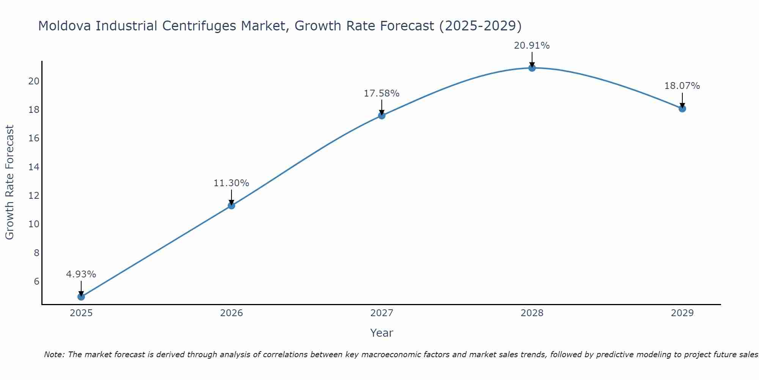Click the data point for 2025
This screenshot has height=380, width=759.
(x=81, y=296)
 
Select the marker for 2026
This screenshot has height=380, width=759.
(x=231, y=206)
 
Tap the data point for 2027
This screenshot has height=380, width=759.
(x=382, y=116)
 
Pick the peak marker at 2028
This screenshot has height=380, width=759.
(x=532, y=68)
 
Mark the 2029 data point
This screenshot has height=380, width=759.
(x=682, y=109)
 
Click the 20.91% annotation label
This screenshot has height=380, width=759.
(x=532, y=46)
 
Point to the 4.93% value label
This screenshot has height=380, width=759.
(x=81, y=274)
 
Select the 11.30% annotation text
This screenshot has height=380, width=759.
(x=231, y=183)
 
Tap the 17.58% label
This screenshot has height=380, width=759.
(x=381, y=93)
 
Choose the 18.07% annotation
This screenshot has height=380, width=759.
(x=682, y=86)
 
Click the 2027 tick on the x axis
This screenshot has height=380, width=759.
(x=382, y=313)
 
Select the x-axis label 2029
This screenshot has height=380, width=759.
(x=682, y=313)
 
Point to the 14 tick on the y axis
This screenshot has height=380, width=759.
(x=34, y=167)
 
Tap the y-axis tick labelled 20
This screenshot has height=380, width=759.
(x=34, y=81)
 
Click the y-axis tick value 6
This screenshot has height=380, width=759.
(x=36, y=281)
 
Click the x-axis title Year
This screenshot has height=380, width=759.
(x=381, y=333)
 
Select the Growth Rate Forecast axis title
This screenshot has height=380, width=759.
(x=9, y=182)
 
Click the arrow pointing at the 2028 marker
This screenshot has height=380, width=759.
(x=532, y=60)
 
